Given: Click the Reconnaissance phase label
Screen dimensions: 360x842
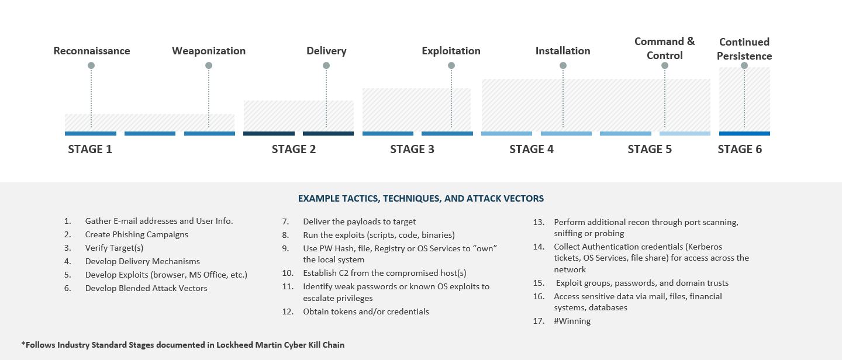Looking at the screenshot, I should click(x=92, y=51).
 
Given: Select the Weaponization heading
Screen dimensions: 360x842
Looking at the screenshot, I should click(x=209, y=51).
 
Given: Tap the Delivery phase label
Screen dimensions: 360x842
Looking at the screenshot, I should click(x=326, y=51).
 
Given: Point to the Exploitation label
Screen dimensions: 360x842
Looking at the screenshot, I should click(x=451, y=51).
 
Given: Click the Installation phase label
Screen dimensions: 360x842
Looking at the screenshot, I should click(x=563, y=51).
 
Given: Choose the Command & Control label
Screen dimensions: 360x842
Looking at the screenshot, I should click(x=664, y=49).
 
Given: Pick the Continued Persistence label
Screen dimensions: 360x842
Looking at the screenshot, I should click(x=744, y=49).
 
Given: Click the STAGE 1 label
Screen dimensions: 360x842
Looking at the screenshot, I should click(x=90, y=150).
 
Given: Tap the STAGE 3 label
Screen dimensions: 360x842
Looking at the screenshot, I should click(x=412, y=150).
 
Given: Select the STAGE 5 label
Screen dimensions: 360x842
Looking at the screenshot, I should click(x=650, y=150).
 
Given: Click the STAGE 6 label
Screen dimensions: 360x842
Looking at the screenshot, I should click(x=740, y=150).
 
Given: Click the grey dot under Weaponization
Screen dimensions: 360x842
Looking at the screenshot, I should click(x=209, y=65).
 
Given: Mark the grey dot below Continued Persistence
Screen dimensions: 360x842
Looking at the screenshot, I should click(x=744, y=65).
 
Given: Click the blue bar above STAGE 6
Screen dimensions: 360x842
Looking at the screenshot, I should click(x=744, y=134).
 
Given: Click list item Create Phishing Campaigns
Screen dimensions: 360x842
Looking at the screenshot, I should click(x=137, y=234).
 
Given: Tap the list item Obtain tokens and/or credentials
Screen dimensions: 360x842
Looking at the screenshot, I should click(x=365, y=311).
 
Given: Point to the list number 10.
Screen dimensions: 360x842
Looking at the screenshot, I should click(x=288, y=273).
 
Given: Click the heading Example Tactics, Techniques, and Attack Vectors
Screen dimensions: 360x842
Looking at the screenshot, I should click(x=421, y=199).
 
